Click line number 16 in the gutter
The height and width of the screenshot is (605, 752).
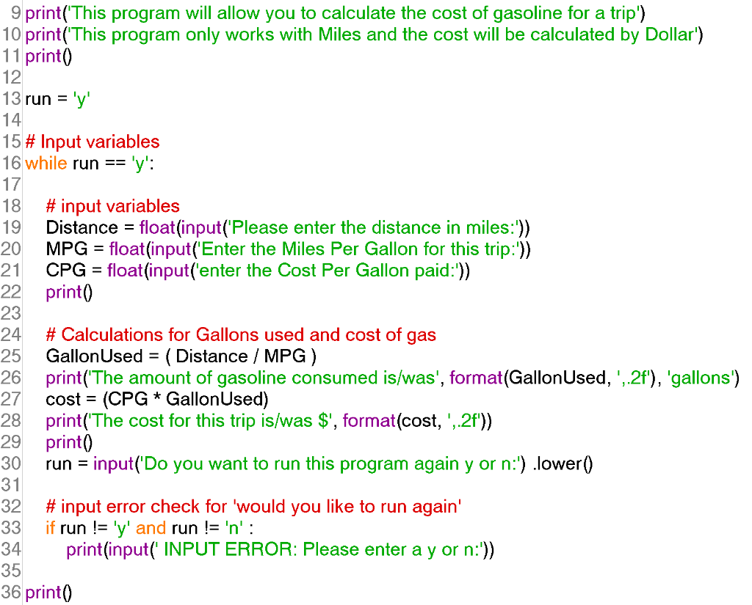(x=12, y=163)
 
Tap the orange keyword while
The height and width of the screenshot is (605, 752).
(x=46, y=163)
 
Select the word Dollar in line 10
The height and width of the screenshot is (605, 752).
(x=667, y=34)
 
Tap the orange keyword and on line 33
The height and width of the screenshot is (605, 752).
(x=151, y=528)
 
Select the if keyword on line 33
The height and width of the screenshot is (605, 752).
(x=50, y=528)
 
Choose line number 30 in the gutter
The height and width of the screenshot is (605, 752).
(x=12, y=463)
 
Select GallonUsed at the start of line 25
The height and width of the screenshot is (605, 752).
(x=93, y=356)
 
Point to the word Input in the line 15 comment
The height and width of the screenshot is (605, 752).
(x=59, y=142)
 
